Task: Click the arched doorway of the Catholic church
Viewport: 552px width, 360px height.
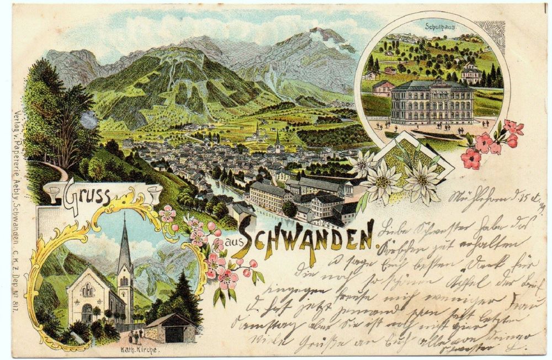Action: [x=87, y=314]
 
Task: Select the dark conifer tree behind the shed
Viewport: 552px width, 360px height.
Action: [x=185, y=298]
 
